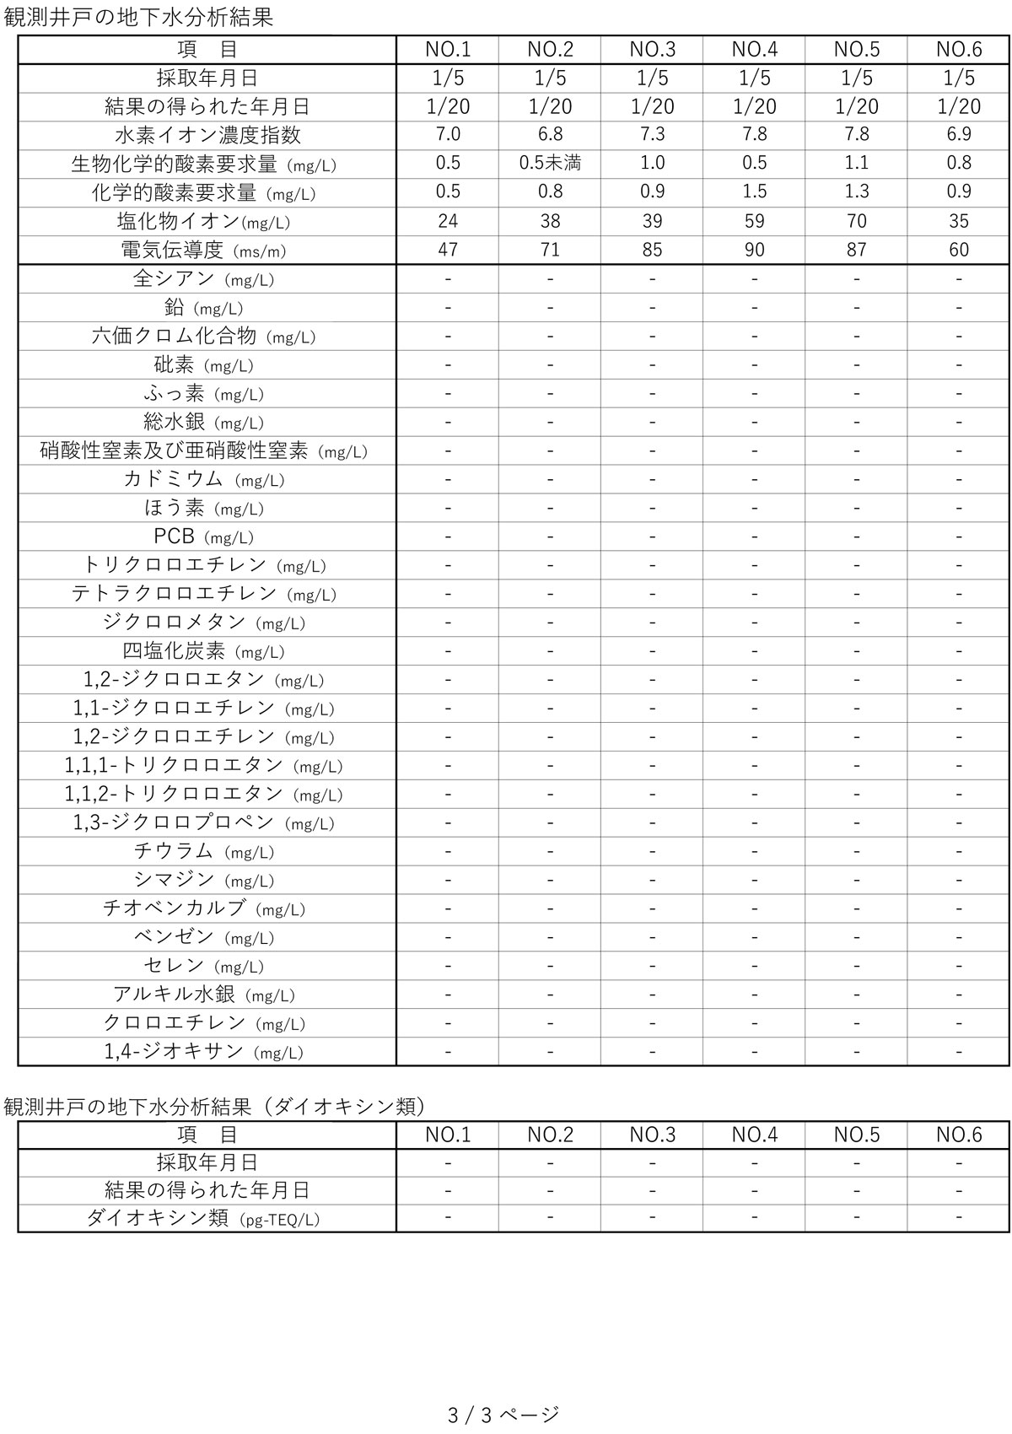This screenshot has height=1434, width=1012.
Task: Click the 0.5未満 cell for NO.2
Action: (550, 163)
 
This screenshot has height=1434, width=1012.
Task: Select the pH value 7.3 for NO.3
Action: (652, 134)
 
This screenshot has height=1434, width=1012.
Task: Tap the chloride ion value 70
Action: (857, 221)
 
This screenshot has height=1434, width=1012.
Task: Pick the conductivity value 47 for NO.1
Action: (448, 250)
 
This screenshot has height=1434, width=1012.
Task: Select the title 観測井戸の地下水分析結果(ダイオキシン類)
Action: (214, 1106)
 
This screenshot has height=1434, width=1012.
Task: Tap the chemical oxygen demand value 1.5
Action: (754, 191)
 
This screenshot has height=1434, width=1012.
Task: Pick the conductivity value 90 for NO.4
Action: (754, 250)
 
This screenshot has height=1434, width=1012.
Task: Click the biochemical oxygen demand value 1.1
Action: (857, 163)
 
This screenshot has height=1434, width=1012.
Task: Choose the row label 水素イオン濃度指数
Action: (207, 135)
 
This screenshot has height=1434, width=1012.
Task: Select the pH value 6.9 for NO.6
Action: (959, 134)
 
